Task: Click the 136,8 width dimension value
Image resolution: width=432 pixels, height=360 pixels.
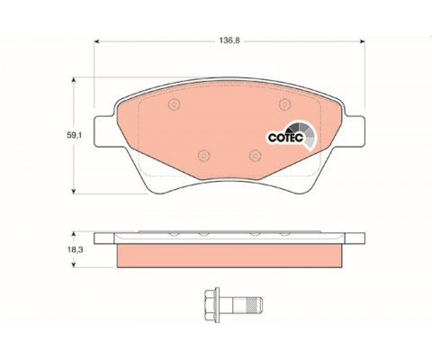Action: tap(229, 40)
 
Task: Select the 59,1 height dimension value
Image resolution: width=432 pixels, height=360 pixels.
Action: tap(74, 135)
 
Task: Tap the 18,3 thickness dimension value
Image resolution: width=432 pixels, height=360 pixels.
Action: tap(74, 249)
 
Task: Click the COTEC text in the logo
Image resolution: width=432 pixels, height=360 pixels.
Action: tap(285, 138)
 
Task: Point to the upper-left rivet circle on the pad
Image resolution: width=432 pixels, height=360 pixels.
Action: tap(175, 104)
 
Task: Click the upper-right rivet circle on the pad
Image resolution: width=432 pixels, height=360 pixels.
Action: tap(284, 104)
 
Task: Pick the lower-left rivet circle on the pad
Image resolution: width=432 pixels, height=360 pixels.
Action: tap(204, 156)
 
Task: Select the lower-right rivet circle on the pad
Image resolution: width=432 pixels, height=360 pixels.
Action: tap(255, 156)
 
